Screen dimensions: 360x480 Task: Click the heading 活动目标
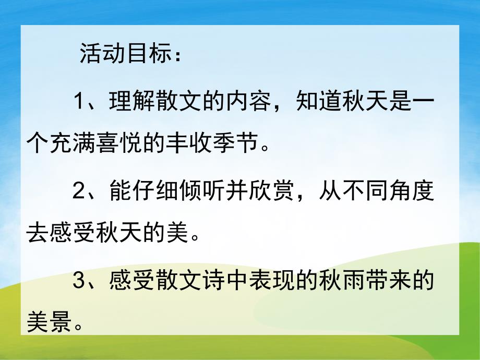pyautogui.click(x=125, y=54)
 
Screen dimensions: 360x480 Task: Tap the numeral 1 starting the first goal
pyautogui.click(x=79, y=100)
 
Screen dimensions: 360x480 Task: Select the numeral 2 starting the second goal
pyautogui.click(x=79, y=192)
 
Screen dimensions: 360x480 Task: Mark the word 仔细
pyautogui.click(x=155, y=192)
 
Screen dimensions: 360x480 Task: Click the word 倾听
pyautogui.click(x=201, y=192)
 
